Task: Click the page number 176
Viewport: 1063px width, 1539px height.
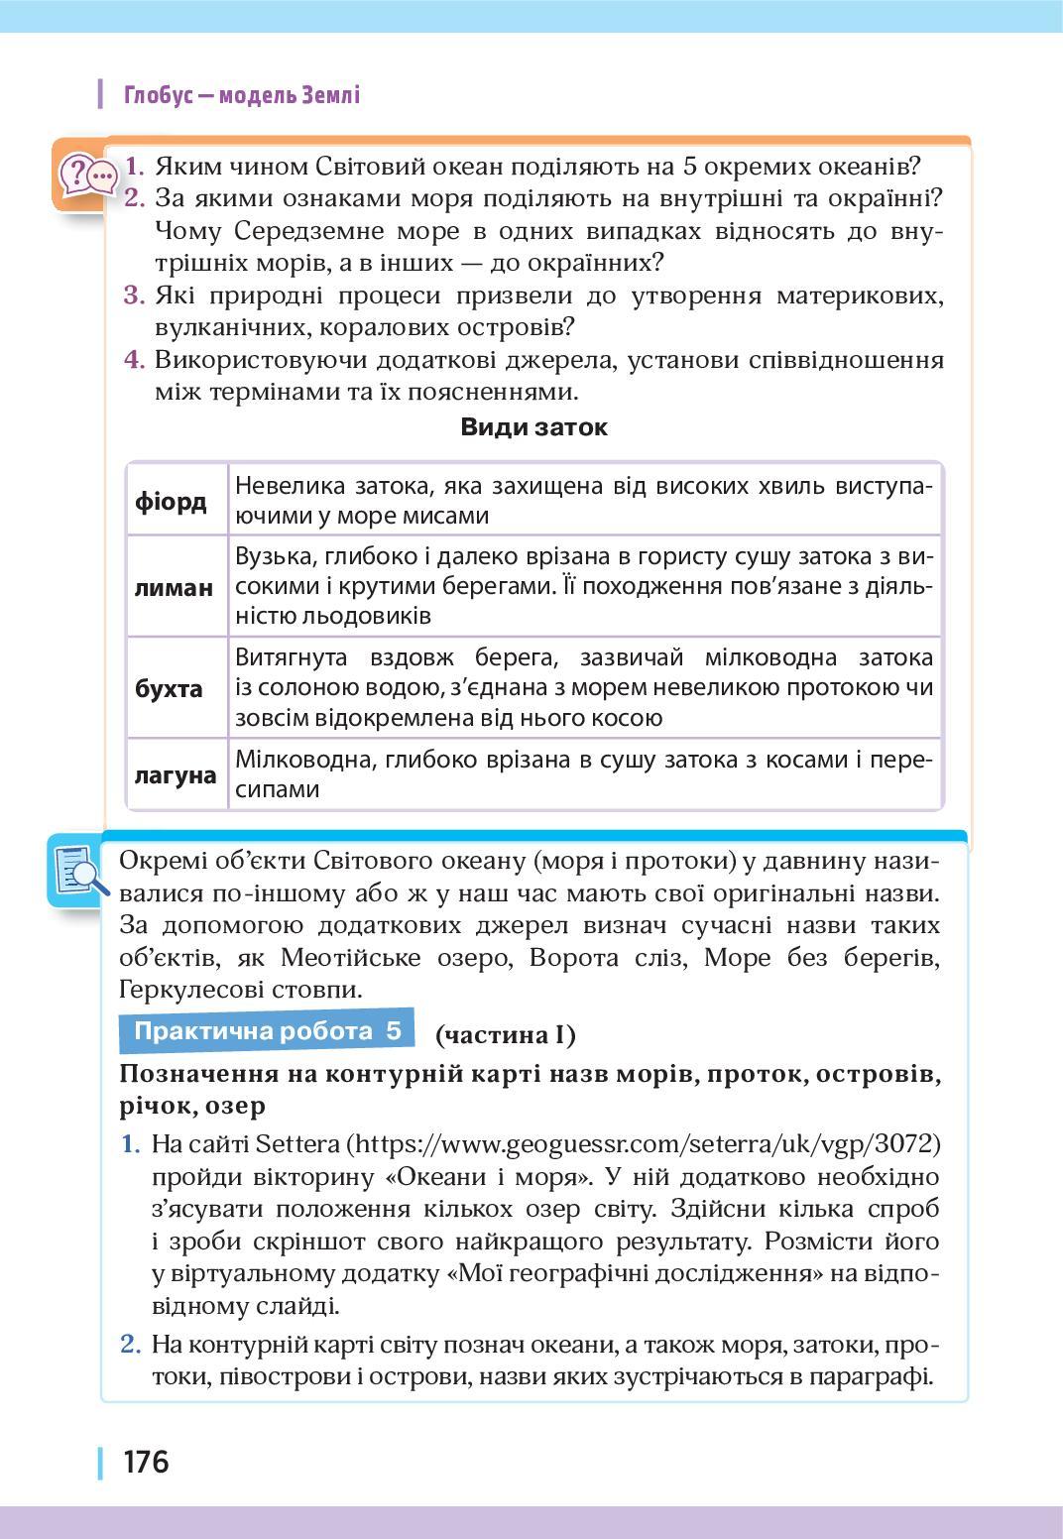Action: (146, 1462)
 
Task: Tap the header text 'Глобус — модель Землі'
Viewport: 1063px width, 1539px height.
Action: (241, 95)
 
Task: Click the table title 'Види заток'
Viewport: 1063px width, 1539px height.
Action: (533, 427)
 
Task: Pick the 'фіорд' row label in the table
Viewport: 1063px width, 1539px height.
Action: (171, 501)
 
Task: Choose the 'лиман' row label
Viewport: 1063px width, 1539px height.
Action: (174, 587)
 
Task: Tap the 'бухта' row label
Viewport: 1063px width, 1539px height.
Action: (169, 688)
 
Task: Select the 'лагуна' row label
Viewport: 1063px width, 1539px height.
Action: (176, 774)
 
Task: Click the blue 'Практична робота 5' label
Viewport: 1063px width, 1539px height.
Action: (268, 1031)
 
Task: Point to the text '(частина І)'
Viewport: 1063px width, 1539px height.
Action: (505, 1034)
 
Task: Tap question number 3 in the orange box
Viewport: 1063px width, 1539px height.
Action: (134, 296)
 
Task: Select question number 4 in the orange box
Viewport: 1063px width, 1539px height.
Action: (134, 359)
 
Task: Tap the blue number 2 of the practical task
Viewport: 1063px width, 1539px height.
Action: (130, 1345)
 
